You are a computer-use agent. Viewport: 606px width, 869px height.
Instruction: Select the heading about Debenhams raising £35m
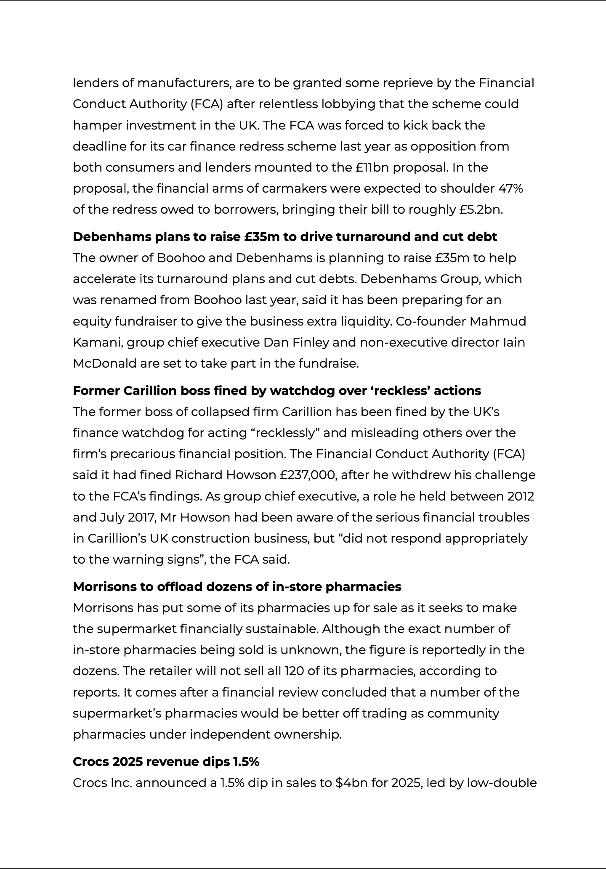285,237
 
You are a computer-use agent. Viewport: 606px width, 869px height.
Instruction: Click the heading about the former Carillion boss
277,391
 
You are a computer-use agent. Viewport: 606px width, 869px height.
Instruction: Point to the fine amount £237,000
308,475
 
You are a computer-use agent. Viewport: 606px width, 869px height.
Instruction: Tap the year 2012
521,496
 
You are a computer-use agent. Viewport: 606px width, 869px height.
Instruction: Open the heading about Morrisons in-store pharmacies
237,587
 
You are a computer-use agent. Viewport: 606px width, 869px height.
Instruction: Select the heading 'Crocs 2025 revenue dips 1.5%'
166,762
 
